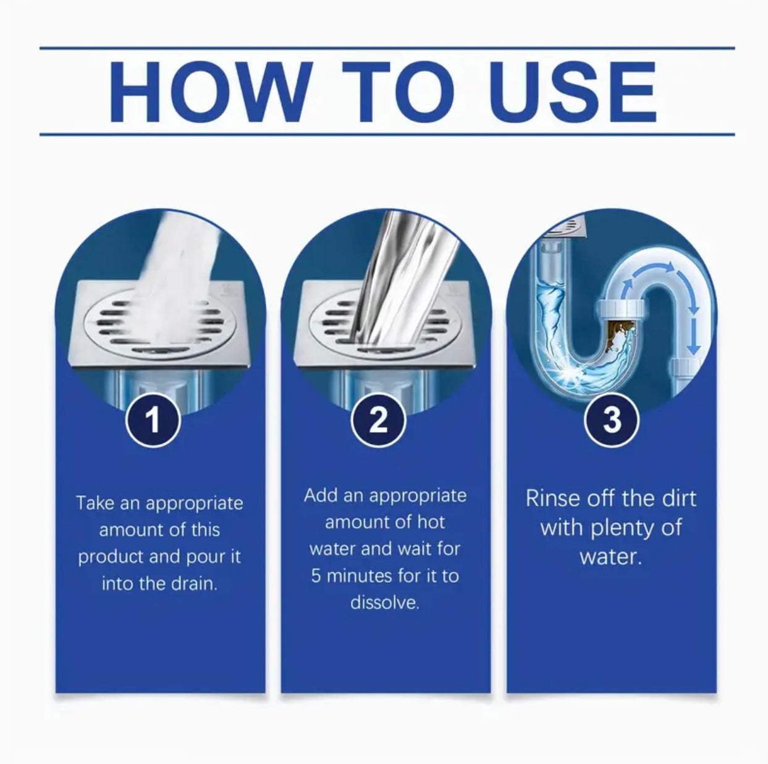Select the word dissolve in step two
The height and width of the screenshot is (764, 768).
click(384, 602)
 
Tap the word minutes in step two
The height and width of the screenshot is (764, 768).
click(360, 576)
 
